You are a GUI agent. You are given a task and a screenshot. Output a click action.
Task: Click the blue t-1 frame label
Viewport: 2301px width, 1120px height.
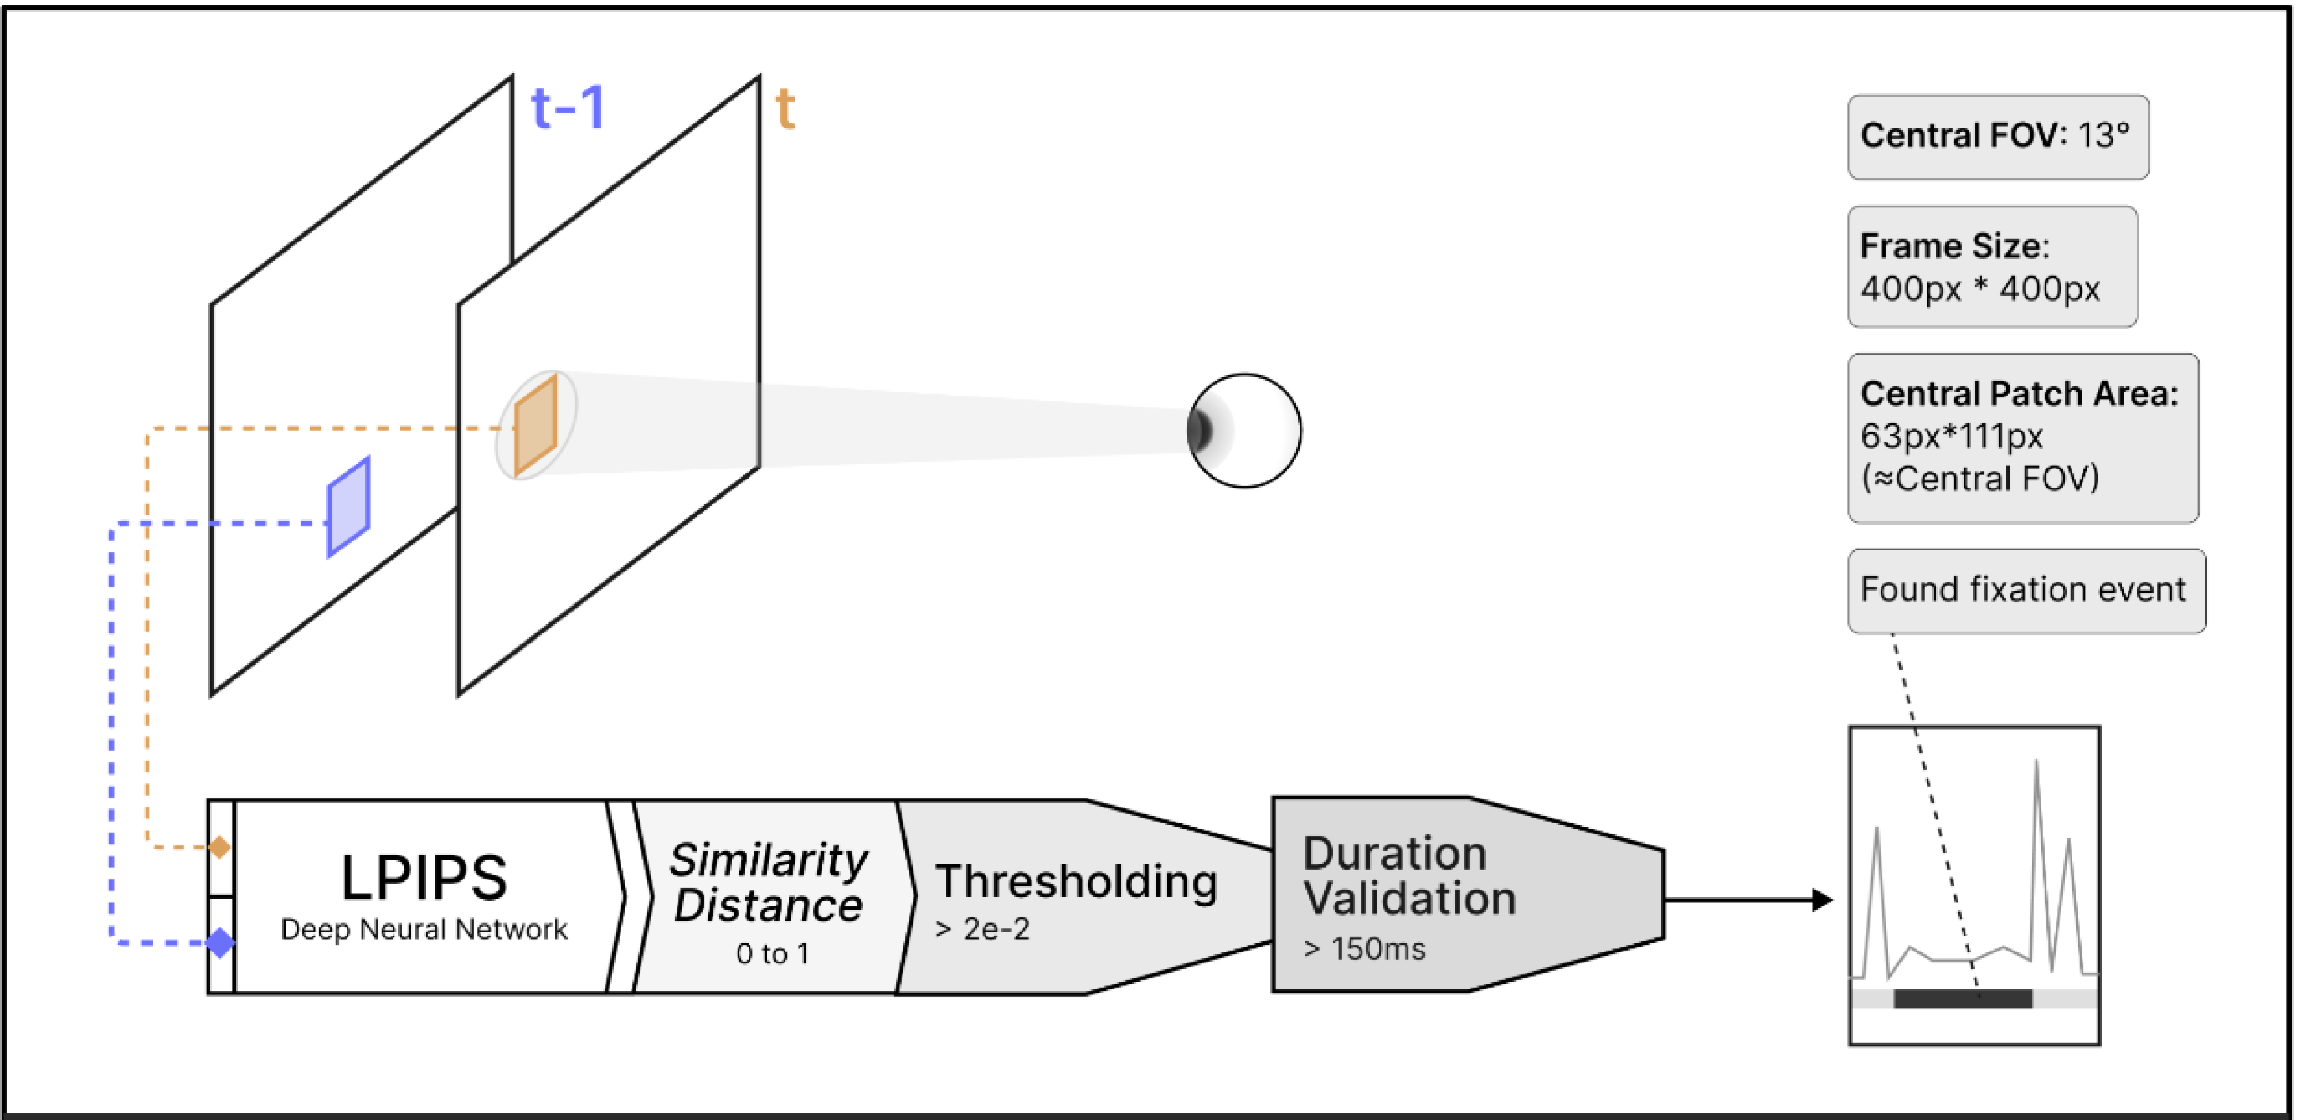click(x=568, y=108)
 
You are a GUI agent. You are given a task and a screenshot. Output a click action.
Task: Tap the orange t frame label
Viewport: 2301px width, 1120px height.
click(x=785, y=109)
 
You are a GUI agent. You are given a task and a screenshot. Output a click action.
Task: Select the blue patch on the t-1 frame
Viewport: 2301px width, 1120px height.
click(x=348, y=506)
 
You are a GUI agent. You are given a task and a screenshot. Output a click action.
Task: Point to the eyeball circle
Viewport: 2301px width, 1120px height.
click(x=1244, y=431)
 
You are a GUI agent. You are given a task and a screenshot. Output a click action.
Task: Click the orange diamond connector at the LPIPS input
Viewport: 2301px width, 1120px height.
click(x=220, y=846)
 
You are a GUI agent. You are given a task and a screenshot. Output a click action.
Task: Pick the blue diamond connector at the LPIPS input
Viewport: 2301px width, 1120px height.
click(x=220, y=942)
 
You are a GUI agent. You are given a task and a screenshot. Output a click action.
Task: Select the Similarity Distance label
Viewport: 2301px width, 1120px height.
click(x=768, y=882)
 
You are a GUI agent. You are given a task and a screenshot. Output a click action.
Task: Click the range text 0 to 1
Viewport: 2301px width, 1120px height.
click(x=772, y=954)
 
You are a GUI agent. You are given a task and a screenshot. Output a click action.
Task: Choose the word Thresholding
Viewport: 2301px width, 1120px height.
click(x=1076, y=882)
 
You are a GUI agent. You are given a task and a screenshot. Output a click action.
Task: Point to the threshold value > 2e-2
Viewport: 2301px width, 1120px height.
click(x=982, y=929)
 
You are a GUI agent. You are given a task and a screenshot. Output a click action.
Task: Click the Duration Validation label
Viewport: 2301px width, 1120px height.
click(x=1408, y=876)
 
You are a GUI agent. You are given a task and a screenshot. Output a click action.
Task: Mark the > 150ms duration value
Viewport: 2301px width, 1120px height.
click(x=1364, y=948)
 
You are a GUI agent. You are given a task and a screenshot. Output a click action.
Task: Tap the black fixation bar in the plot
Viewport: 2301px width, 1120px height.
click(x=1962, y=998)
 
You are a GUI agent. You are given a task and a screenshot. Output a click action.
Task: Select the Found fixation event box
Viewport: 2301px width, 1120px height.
click(x=2026, y=590)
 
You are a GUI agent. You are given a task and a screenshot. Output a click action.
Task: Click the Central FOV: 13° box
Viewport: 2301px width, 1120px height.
click(x=1998, y=136)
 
